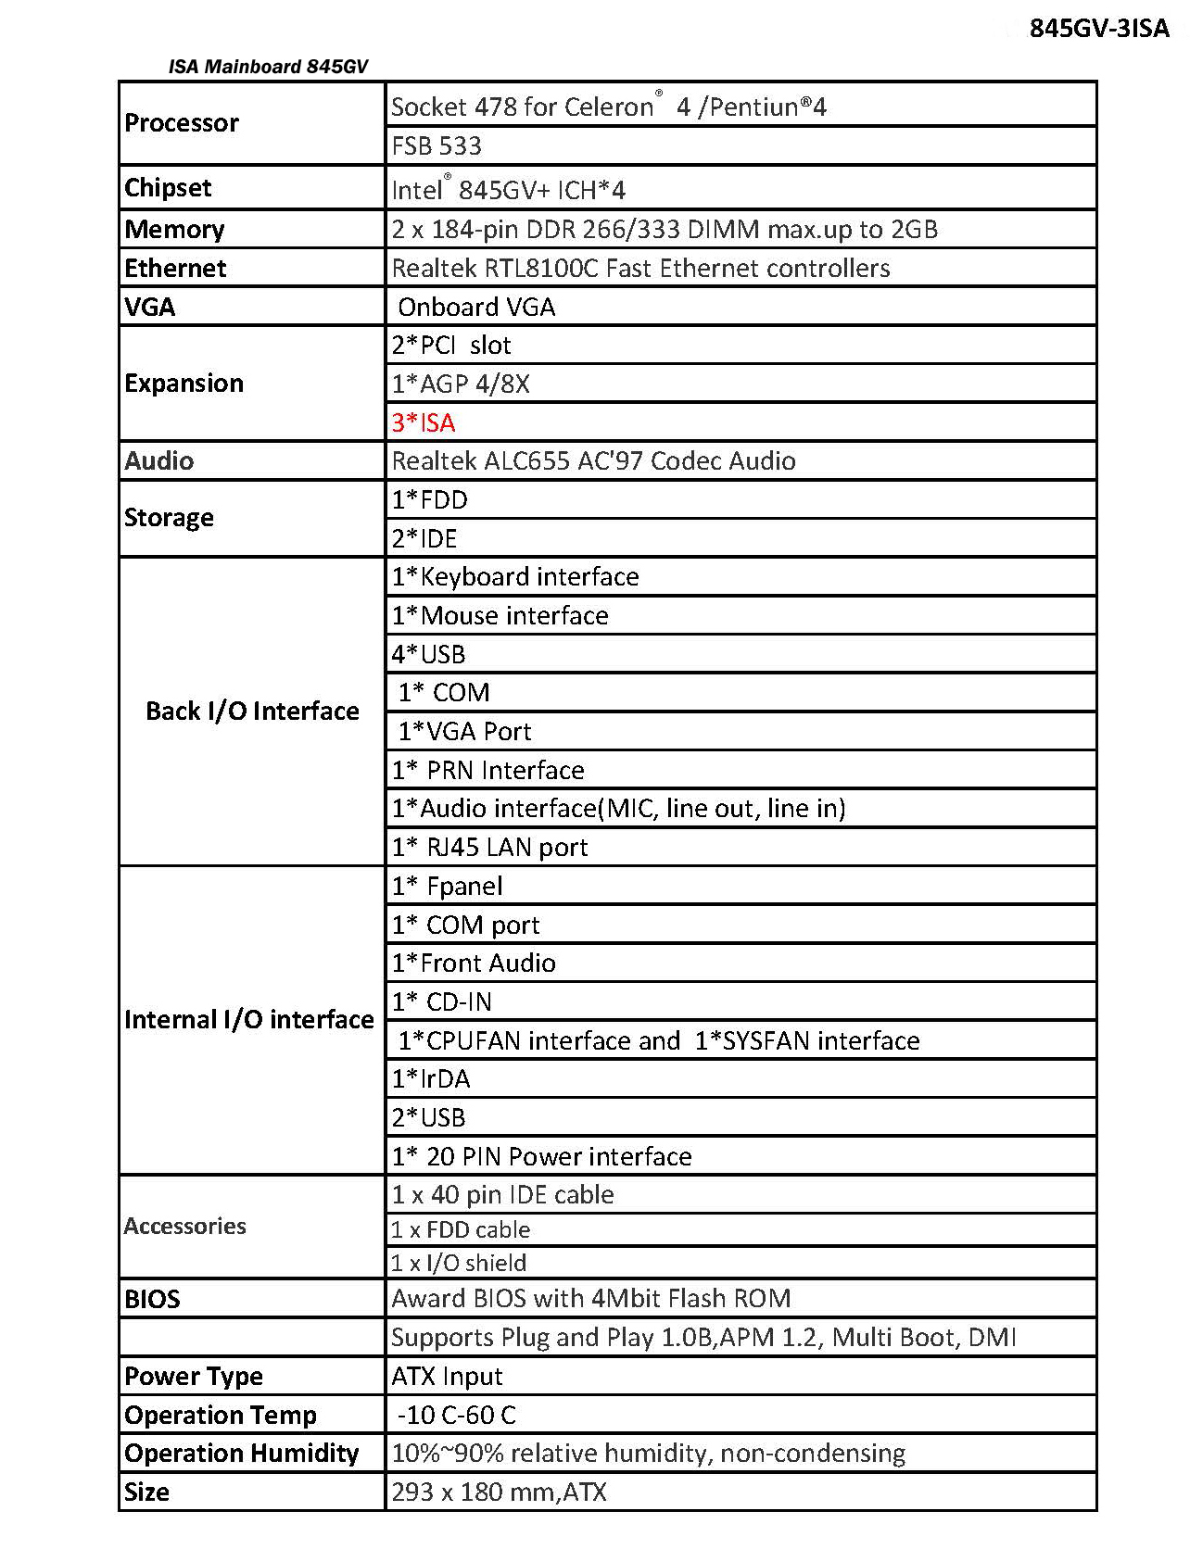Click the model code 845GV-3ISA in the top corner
click(1098, 28)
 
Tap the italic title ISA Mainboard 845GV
click(268, 67)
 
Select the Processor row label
click(182, 122)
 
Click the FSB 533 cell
click(437, 145)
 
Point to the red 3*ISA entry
click(424, 422)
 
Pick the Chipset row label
click(168, 188)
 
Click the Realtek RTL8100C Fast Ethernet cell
click(640, 268)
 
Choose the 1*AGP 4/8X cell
click(461, 384)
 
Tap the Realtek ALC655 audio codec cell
click(593, 460)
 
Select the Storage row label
click(169, 517)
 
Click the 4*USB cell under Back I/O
click(428, 654)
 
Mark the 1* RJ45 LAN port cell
click(489, 847)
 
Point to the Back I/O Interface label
click(252, 711)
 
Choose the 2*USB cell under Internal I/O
click(428, 1117)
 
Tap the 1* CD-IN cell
click(441, 1001)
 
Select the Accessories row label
click(185, 1226)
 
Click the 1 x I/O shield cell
click(459, 1263)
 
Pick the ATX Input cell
click(447, 1376)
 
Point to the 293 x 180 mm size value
click(499, 1492)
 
